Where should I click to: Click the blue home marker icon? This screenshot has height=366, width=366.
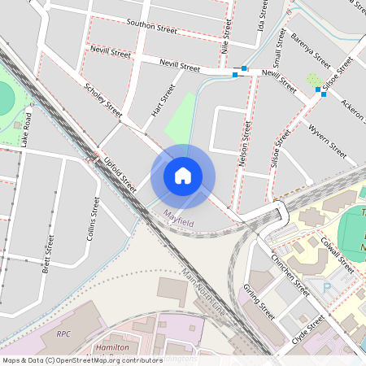click(x=183, y=175)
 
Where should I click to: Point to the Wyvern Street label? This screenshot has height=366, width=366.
click(x=328, y=143)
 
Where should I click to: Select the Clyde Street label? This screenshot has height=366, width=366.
click(x=308, y=329)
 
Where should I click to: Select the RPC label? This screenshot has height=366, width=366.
click(x=63, y=333)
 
